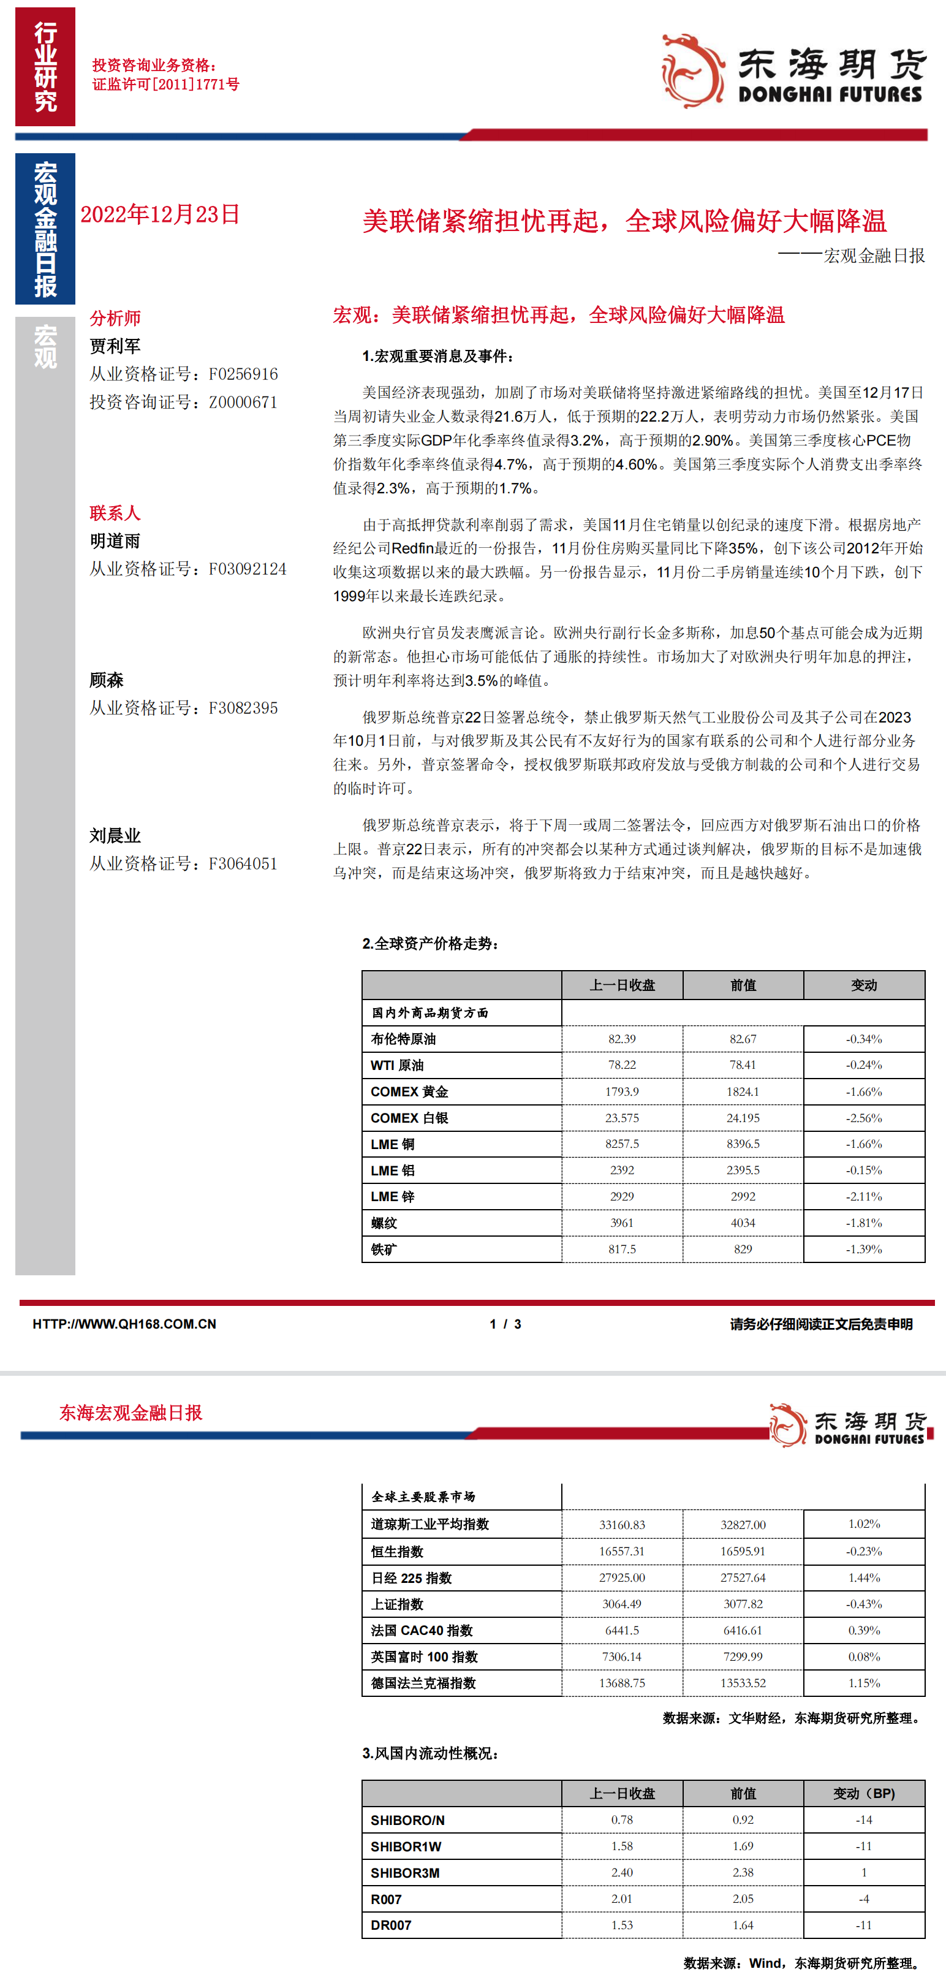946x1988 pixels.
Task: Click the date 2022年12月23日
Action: tap(161, 214)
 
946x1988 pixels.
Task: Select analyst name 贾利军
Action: tap(115, 346)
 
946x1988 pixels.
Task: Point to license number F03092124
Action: tap(248, 569)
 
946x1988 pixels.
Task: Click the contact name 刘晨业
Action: tap(115, 836)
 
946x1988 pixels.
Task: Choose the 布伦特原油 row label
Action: tap(404, 1039)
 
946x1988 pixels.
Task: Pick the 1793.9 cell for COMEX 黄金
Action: tap(622, 1091)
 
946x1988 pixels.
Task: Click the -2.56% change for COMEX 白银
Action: tap(863, 1117)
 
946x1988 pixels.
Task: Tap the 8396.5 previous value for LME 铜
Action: tap(743, 1144)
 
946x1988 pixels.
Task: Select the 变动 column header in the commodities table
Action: tap(863, 985)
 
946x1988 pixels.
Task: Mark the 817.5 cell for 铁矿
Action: tap(622, 1249)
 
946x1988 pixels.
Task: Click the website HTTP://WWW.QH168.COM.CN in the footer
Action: tap(124, 1324)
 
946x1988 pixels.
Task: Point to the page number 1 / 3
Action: tap(505, 1324)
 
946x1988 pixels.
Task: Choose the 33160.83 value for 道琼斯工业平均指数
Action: tap(622, 1525)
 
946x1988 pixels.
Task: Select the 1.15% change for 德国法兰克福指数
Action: tap(863, 1682)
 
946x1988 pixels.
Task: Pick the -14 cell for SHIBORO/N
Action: tap(863, 1819)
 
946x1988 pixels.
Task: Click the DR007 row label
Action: tap(392, 1925)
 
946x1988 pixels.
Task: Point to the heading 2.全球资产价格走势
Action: tap(431, 944)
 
